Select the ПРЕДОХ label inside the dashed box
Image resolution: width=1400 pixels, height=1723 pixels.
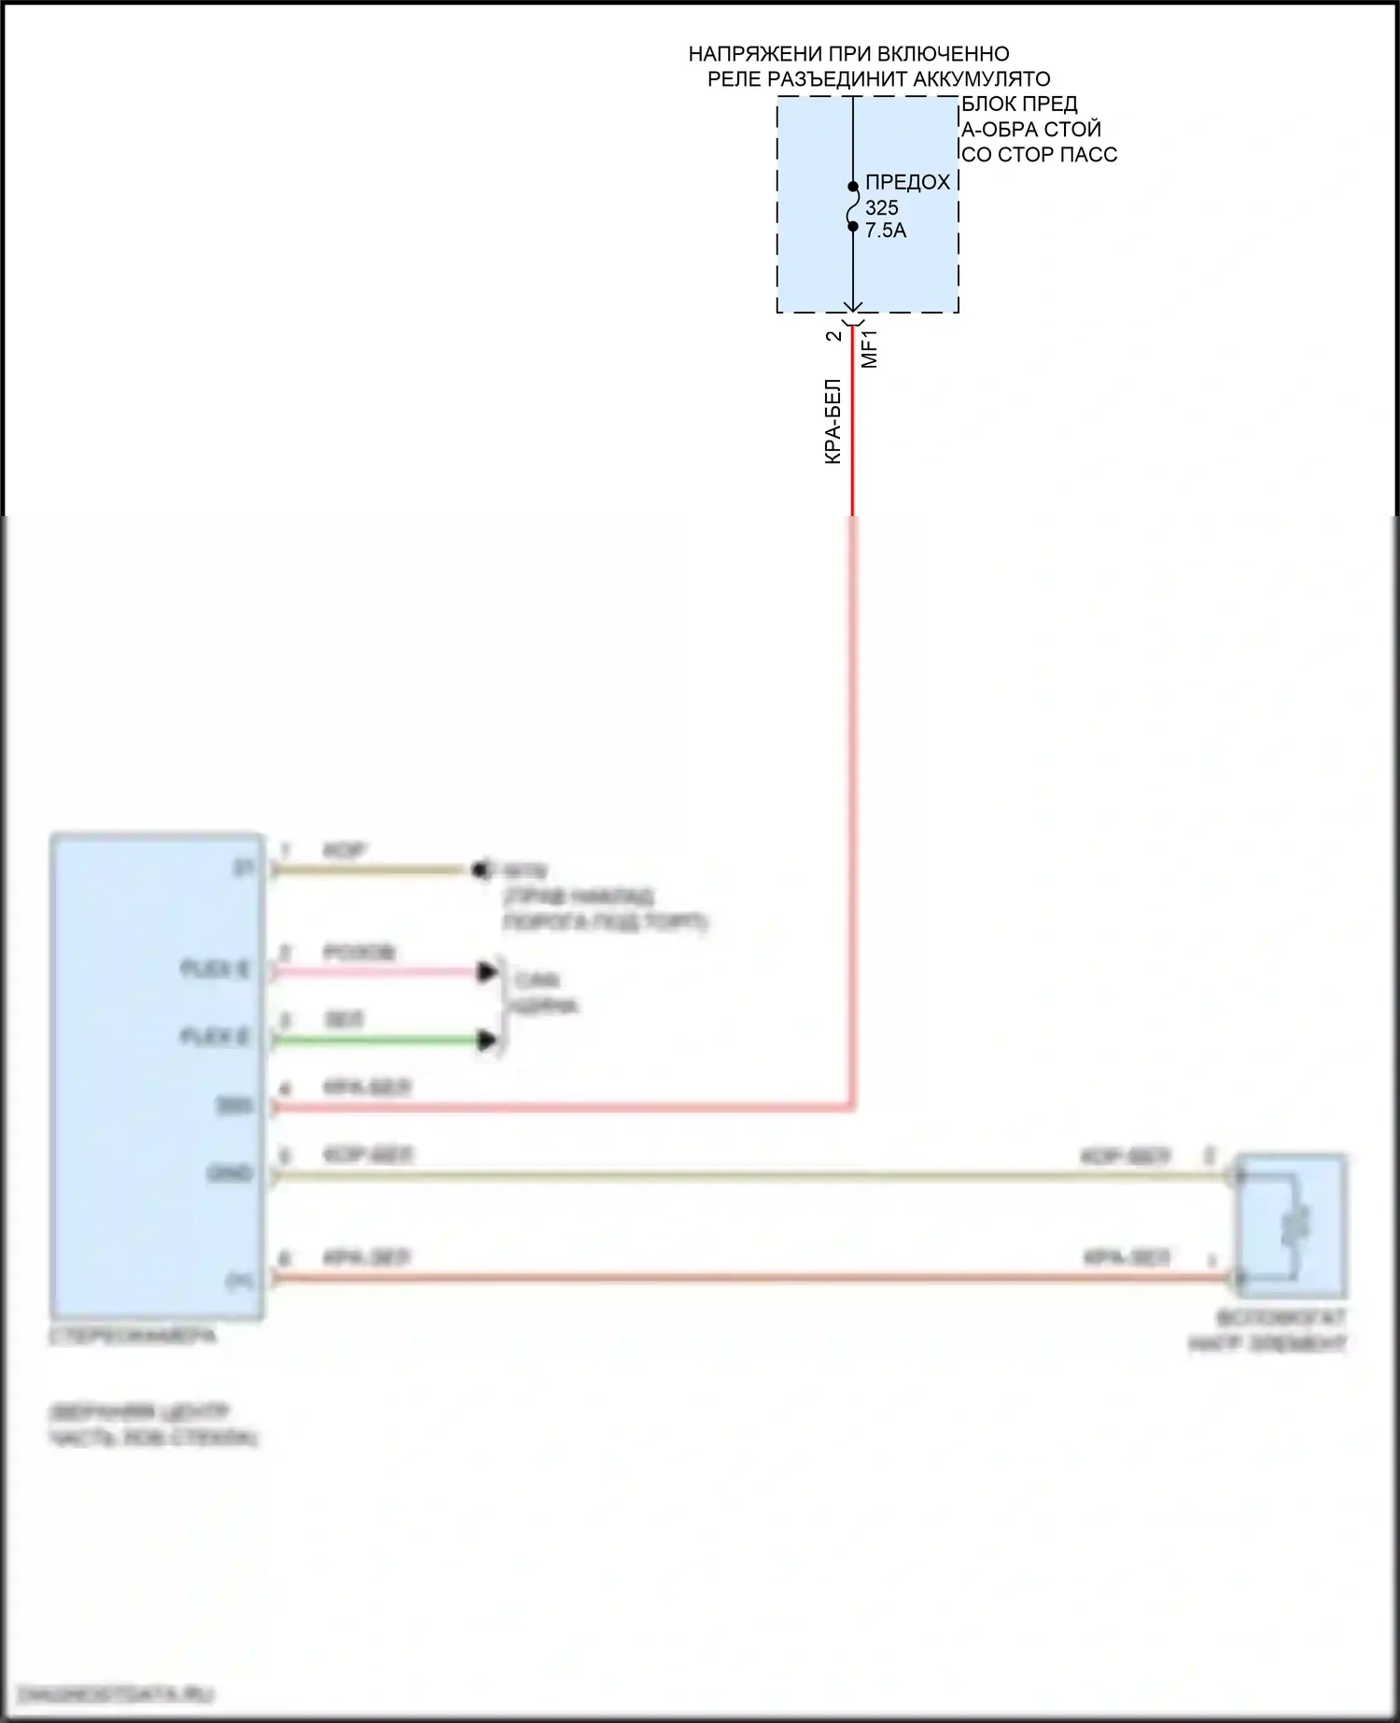click(907, 183)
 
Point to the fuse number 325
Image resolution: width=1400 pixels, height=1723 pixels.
click(881, 208)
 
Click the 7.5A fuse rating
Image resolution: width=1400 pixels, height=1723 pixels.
click(885, 231)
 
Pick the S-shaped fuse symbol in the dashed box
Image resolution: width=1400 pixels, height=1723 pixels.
click(853, 206)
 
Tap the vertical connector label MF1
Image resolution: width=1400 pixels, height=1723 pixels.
click(870, 348)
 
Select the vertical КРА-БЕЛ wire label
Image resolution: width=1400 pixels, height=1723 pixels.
click(833, 422)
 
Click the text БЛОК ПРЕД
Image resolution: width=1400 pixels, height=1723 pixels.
click(1019, 104)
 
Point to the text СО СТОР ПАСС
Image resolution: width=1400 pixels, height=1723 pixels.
click(1039, 155)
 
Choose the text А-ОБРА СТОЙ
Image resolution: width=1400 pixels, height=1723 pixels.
click(1031, 130)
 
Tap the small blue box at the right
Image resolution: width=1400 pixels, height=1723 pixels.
click(1292, 1226)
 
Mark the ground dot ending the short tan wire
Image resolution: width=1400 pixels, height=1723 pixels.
click(480, 870)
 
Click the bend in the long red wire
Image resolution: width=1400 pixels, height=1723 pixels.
click(851, 1107)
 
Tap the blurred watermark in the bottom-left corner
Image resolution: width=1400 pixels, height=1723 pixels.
click(117, 1693)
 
